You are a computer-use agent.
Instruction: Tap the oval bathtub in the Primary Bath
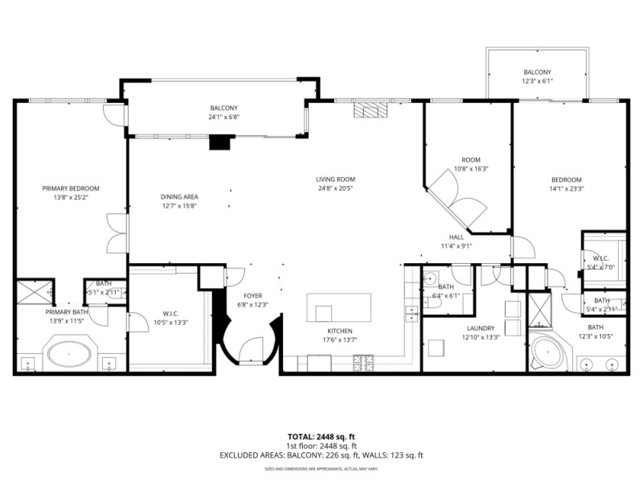tap(70, 352)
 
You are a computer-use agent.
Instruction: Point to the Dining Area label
tap(179, 196)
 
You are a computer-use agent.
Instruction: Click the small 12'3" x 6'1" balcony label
tap(538, 80)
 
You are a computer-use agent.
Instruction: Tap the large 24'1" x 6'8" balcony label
tap(224, 117)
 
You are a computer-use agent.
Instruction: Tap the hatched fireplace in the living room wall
tap(371, 109)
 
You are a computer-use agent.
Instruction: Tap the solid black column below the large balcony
tap(219, 143)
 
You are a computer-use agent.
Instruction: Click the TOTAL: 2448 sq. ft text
tap(321, 437)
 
